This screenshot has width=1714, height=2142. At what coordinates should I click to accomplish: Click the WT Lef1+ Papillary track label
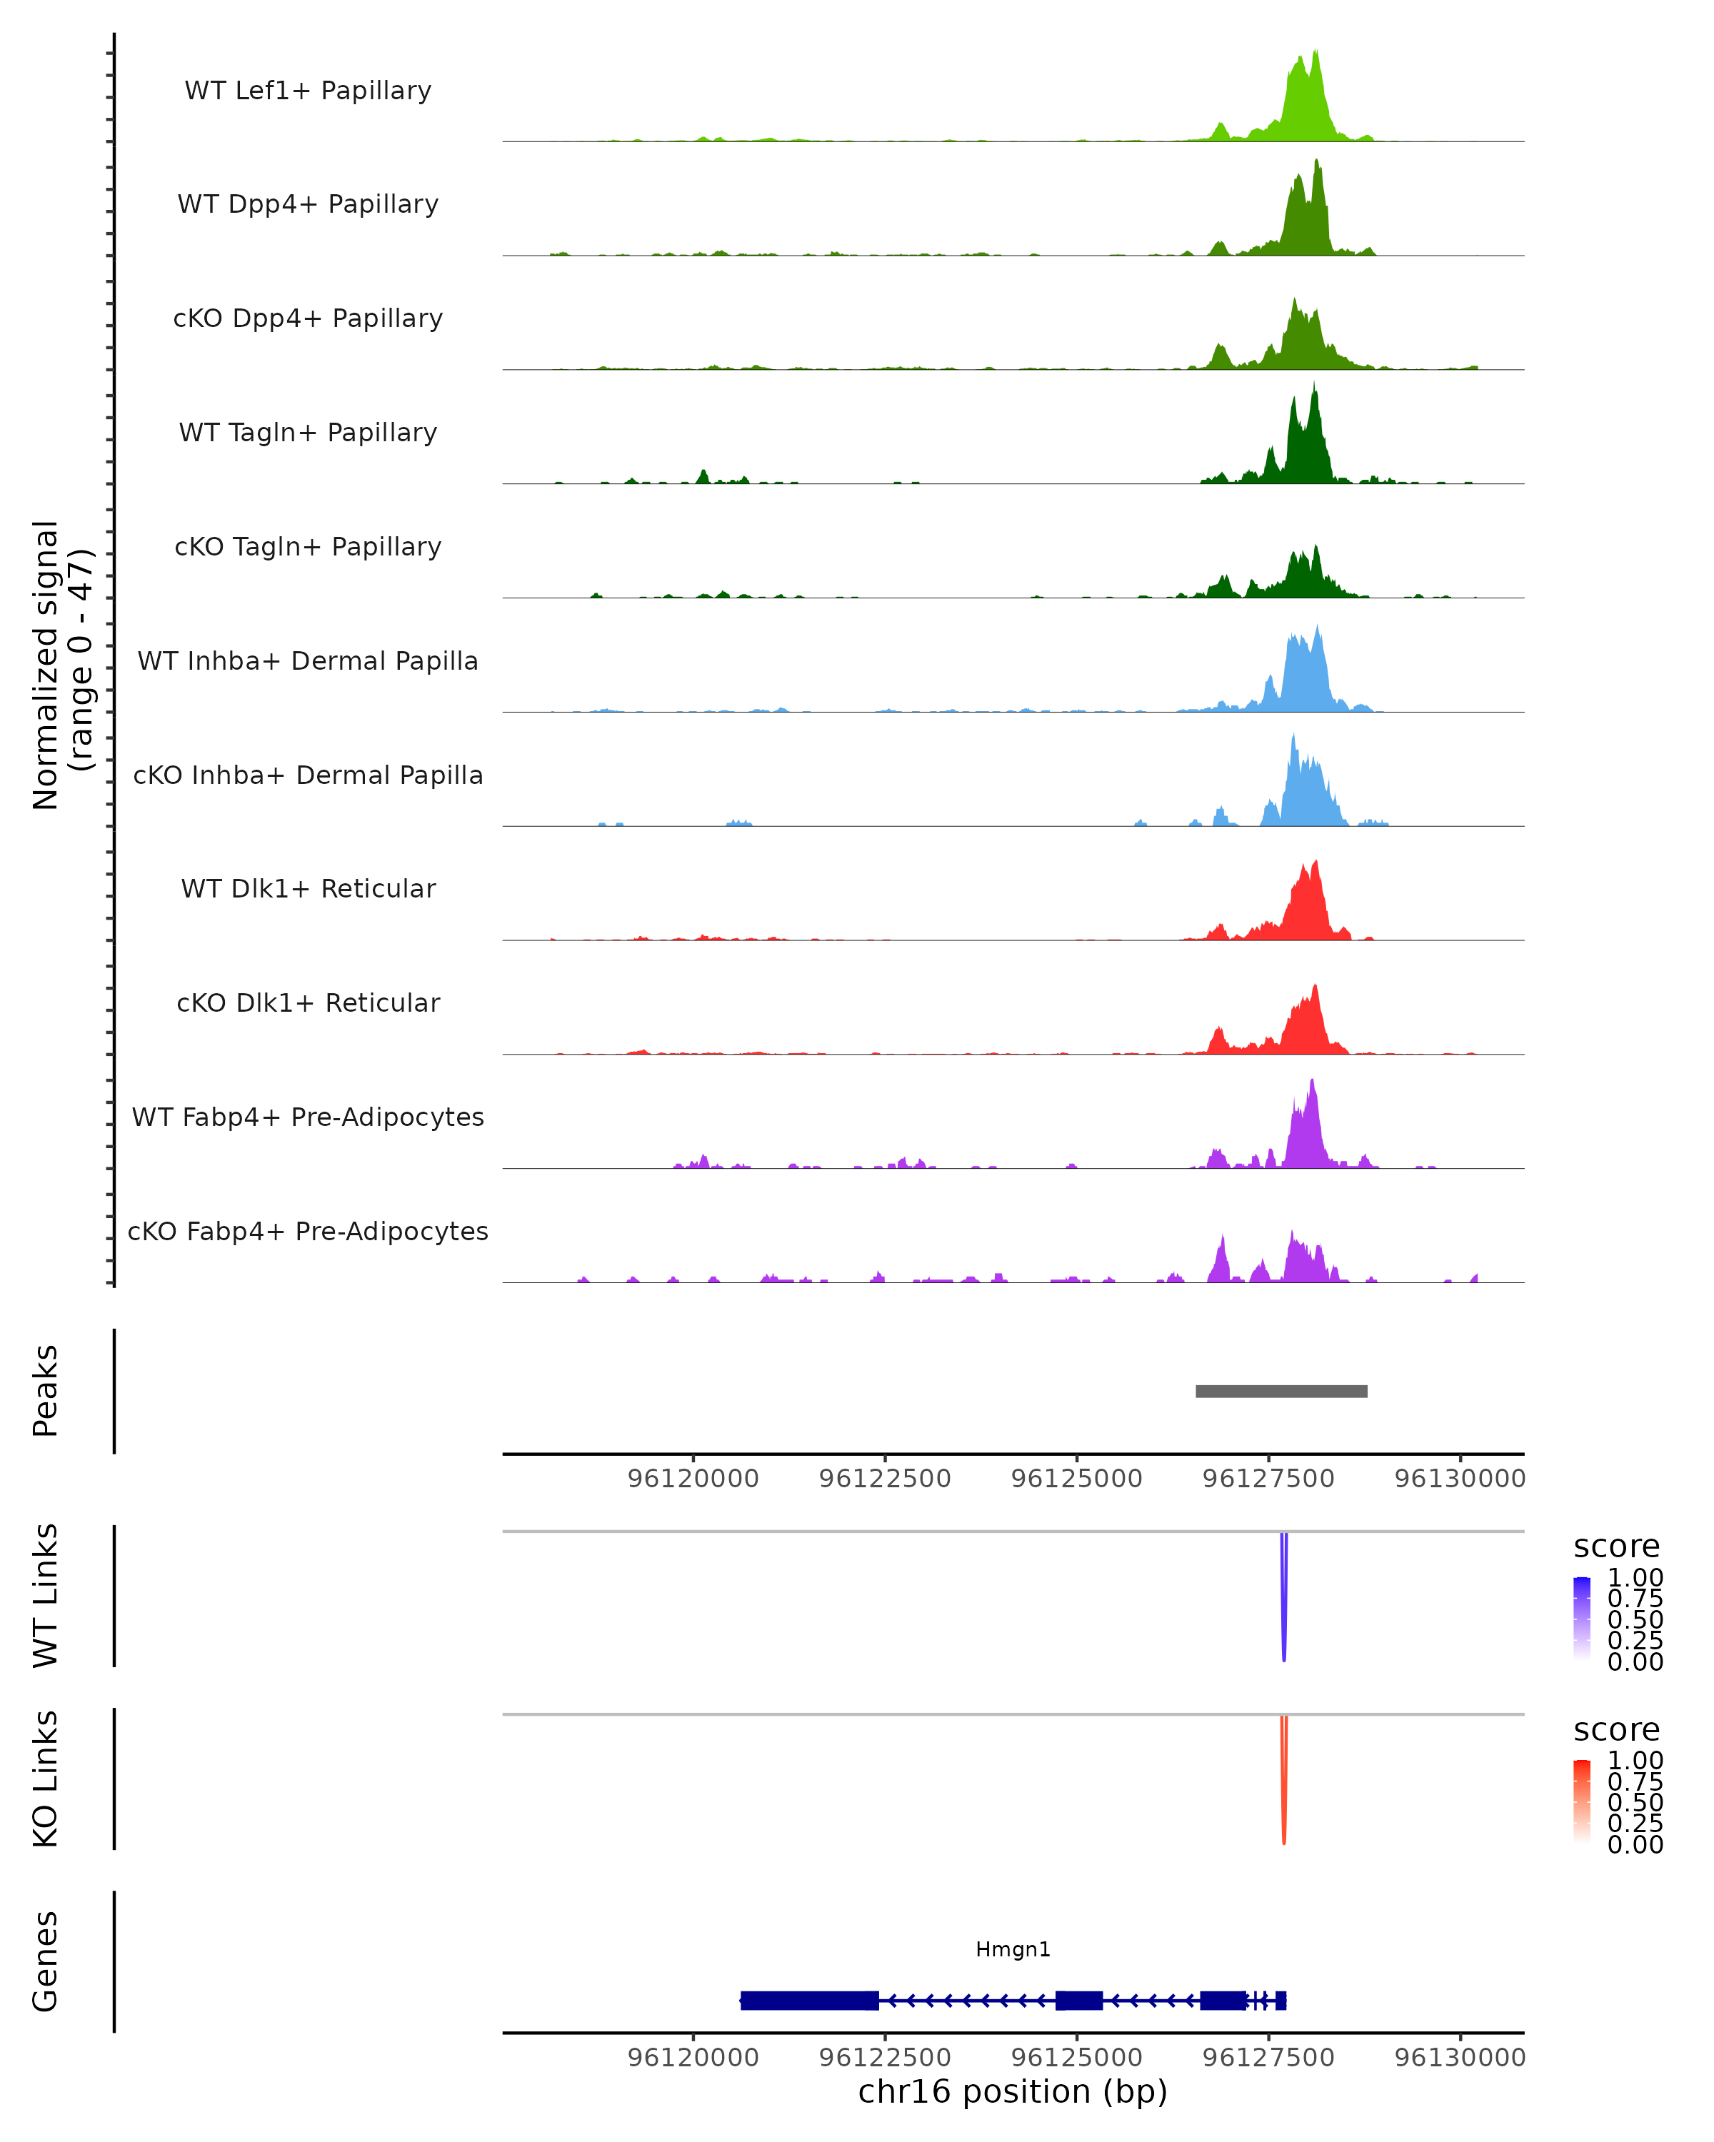(308, 91)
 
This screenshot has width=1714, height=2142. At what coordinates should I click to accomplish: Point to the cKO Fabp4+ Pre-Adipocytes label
(308, 1231)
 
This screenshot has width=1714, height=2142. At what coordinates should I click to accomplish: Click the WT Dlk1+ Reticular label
(308, 888)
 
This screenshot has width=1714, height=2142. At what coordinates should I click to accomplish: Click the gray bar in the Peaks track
(1281, 1391)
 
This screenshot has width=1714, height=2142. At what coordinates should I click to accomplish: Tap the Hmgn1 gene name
(1013, 1949)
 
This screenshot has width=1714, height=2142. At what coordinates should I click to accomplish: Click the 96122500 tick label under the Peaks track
(884, 1479)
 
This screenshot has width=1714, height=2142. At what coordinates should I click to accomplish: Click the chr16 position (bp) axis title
(1013, 2091)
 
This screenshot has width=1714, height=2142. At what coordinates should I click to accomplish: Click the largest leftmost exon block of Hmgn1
(809, 2000)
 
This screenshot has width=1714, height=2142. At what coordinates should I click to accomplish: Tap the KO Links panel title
(45, 1779)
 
